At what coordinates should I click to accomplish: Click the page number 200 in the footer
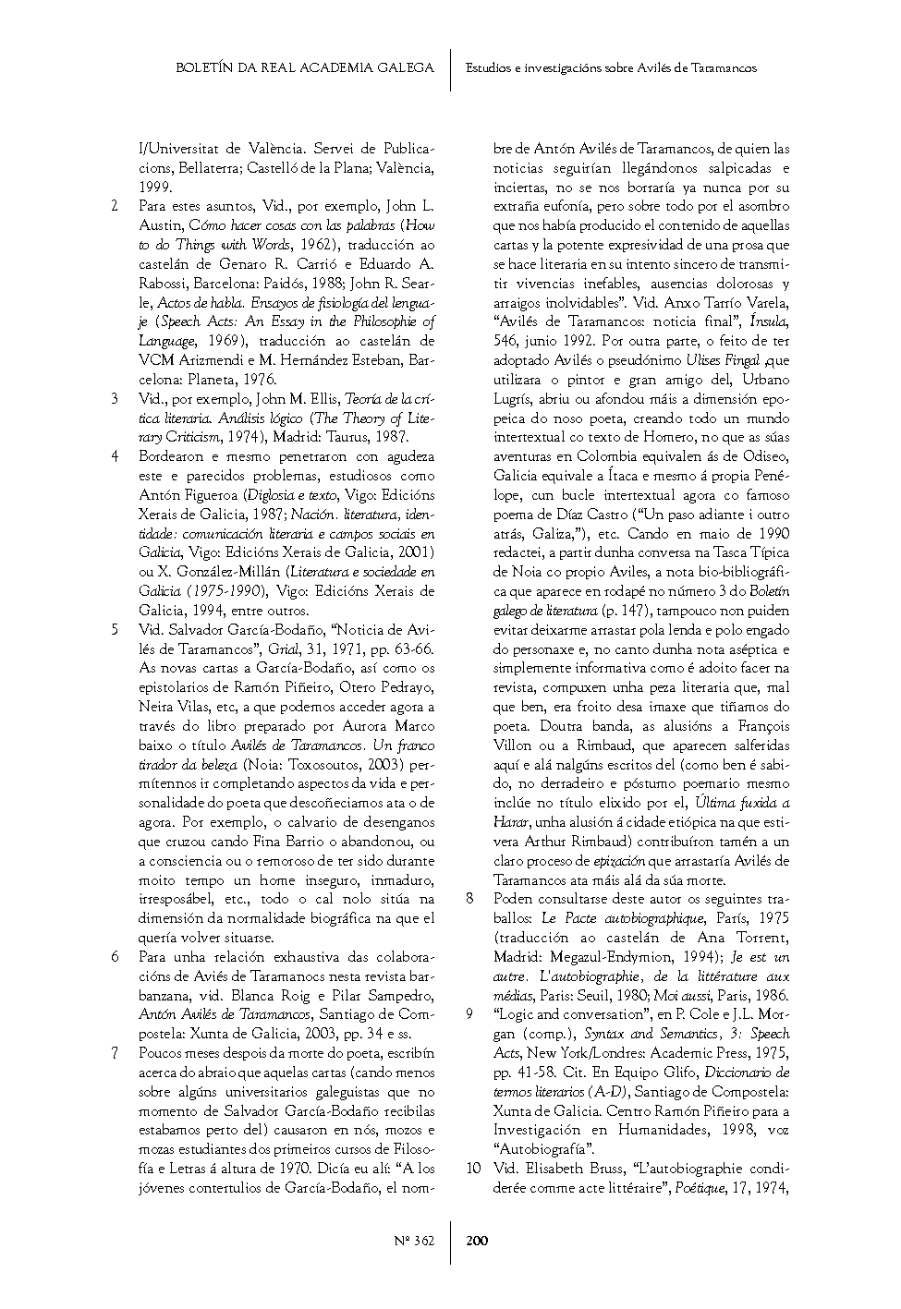tap(477, 1240)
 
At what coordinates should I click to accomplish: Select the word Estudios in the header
tap(489, 67)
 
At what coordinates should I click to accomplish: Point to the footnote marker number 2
tap(114, 206)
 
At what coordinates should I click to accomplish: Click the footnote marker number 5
tap(114, 629)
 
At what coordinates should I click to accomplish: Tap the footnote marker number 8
tap(469, 898)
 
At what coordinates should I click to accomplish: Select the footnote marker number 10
tap(473, 1168)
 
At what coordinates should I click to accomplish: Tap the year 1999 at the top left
tap(154, 187)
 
